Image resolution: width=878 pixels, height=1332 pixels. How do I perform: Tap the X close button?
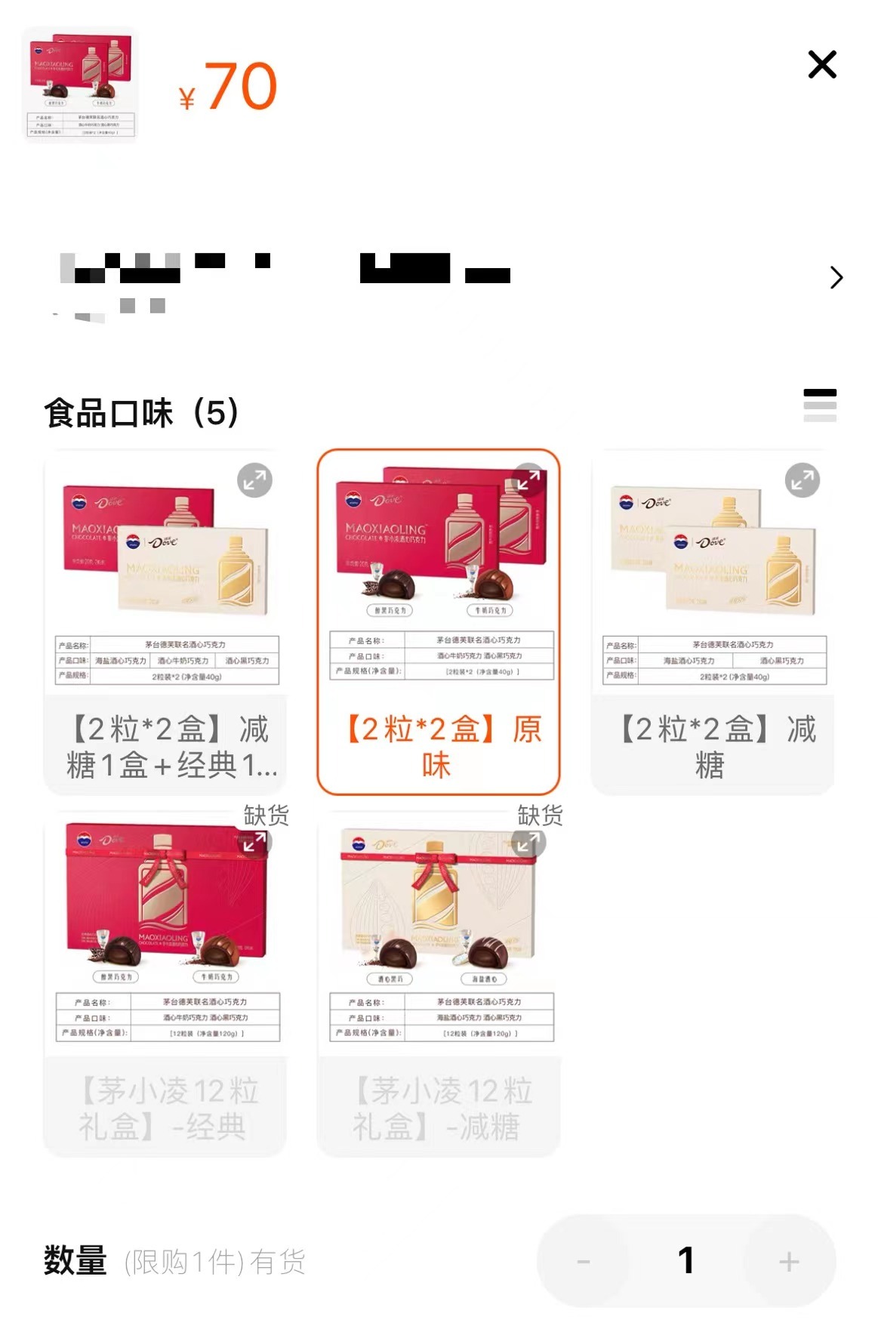click(x=822, y=65)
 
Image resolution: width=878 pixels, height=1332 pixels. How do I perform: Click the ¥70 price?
click(x=229, y=87)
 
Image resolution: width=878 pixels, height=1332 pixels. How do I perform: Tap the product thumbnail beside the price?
click(x=81, y=85)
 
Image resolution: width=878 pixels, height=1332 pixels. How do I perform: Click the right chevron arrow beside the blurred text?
click(x=836, y=278)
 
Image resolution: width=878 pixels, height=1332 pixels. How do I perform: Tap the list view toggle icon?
click(x=820, y=405)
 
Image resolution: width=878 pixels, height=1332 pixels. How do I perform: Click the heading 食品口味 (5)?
click(x=141, y=413)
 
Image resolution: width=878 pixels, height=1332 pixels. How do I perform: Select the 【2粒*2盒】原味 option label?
click(x=439, y=748)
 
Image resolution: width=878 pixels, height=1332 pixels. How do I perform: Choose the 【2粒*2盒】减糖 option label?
click(x=713, y=748)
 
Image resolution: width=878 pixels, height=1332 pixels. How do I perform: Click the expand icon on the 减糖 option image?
click(x=802, y=480)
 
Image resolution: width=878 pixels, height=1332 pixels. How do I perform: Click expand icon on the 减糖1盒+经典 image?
click(x=255, y=480)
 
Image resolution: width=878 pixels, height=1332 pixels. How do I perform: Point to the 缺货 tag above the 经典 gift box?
click(x=266, y=816)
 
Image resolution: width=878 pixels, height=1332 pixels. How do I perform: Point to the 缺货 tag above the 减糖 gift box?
click(x=540, y=816)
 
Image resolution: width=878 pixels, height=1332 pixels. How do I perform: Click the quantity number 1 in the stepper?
click(x=685, y=1260)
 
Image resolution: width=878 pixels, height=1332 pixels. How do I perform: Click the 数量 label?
click(x=75, y=1260)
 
